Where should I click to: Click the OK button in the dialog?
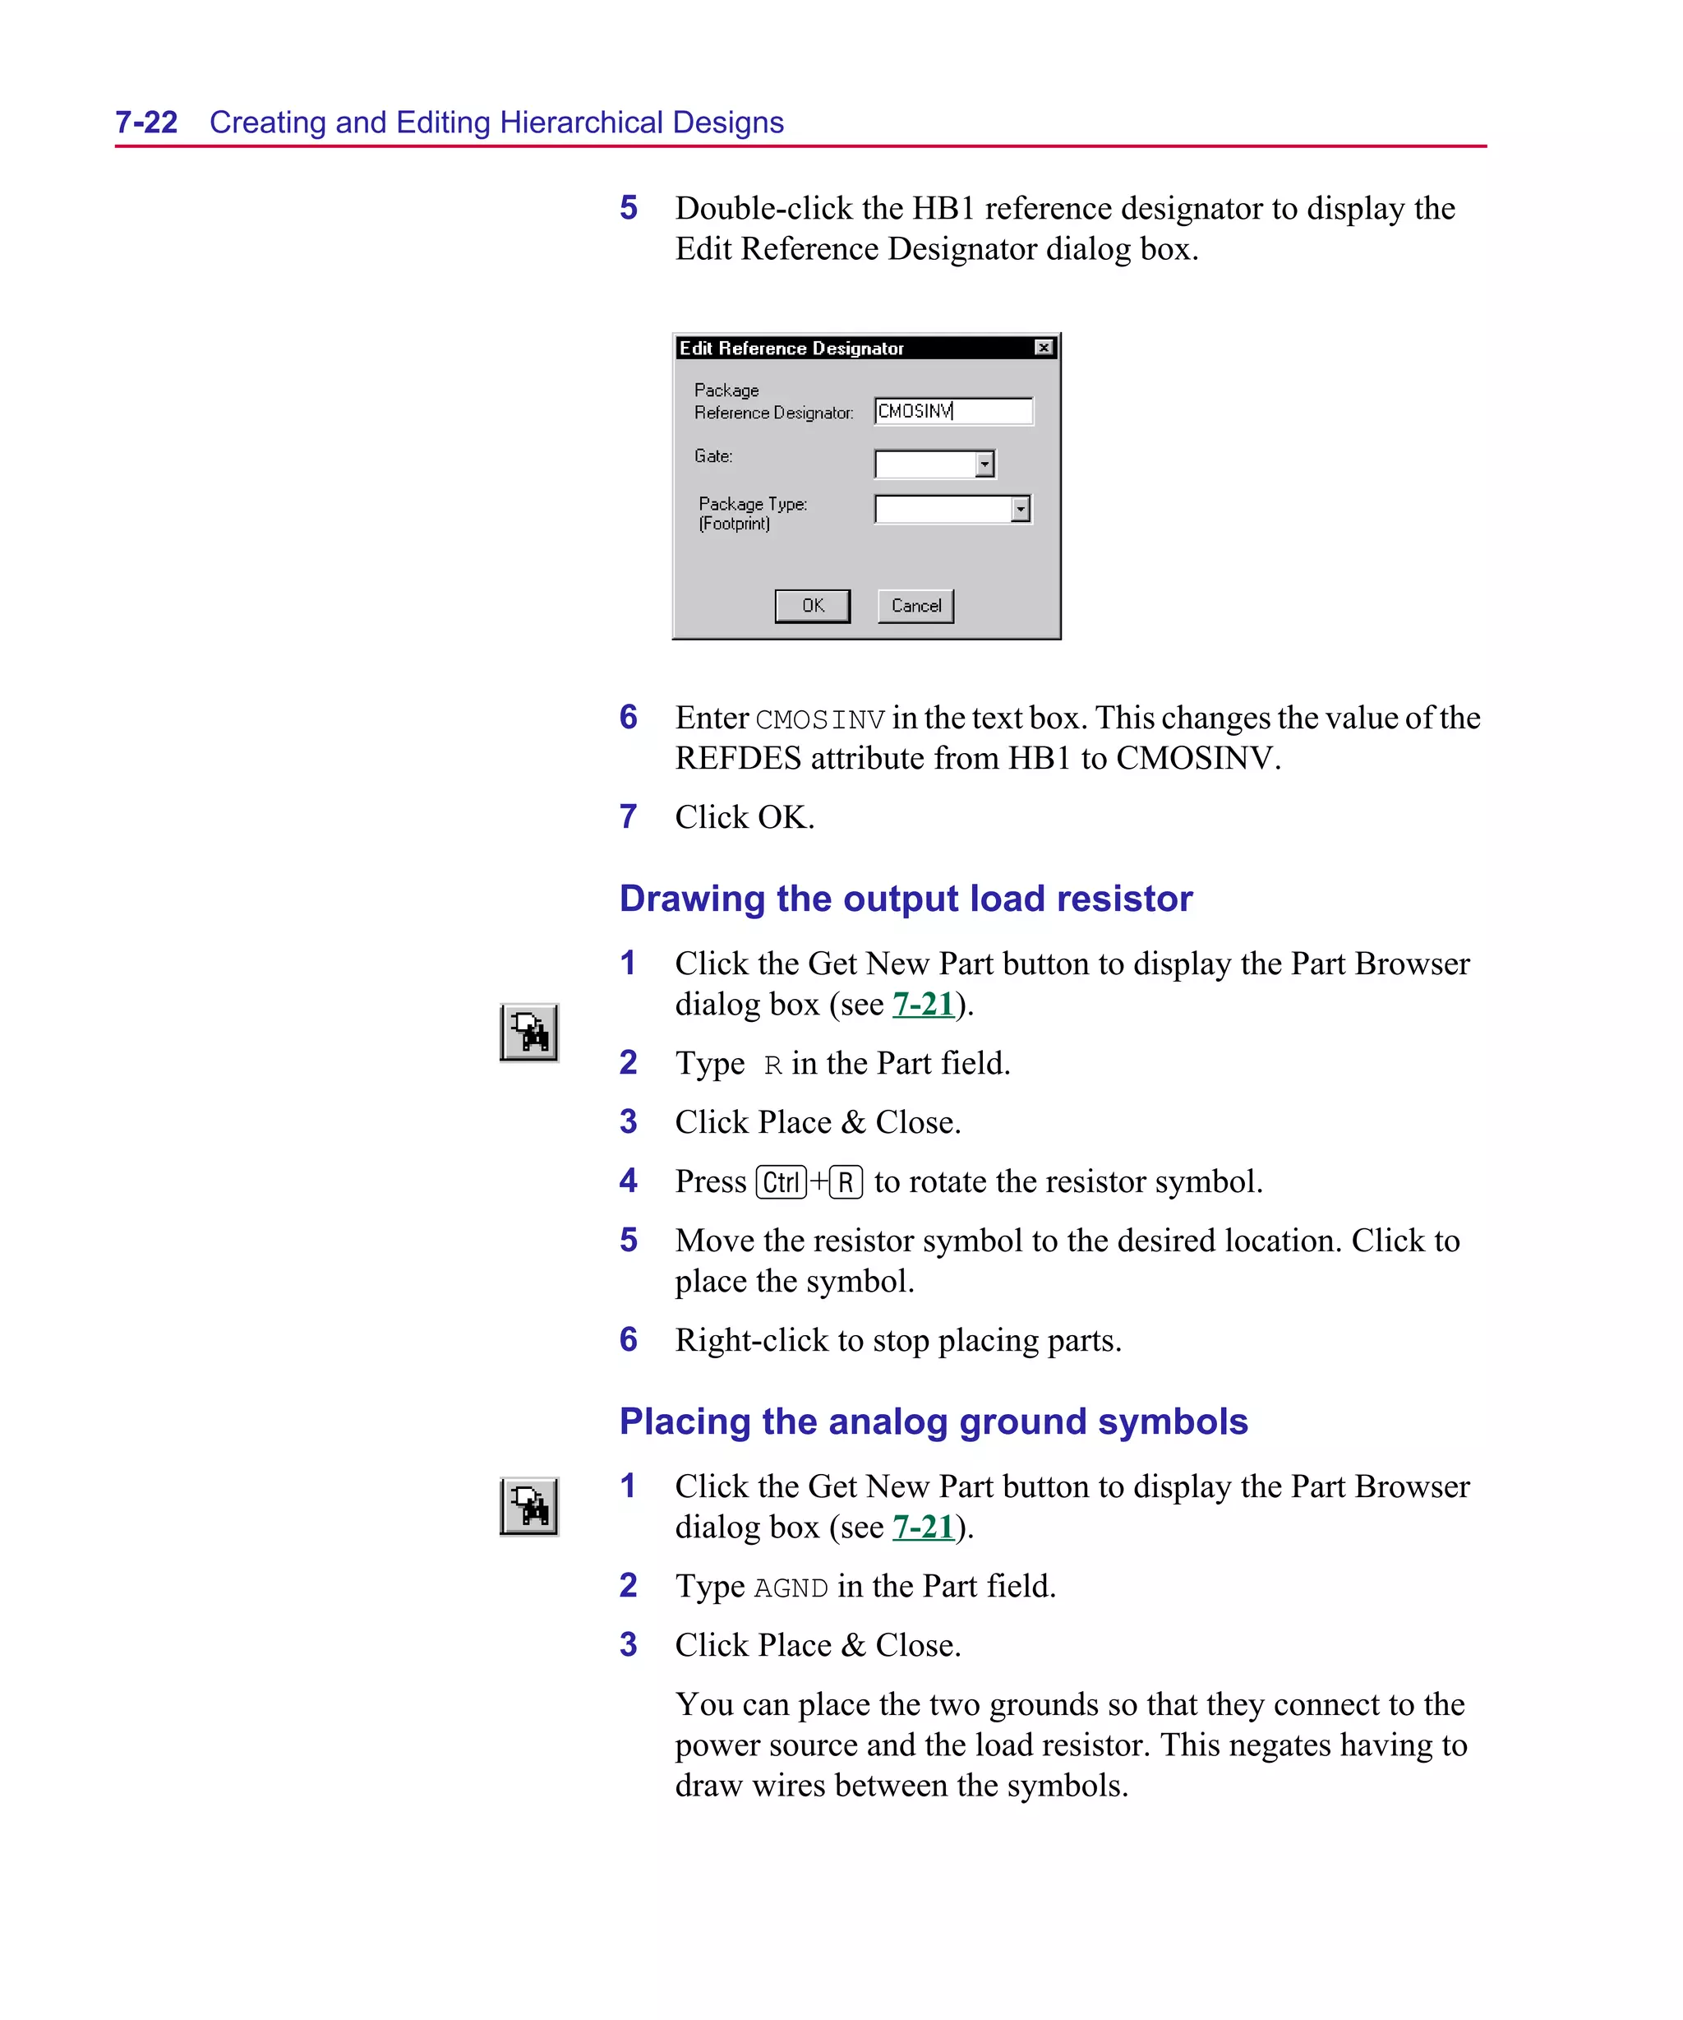tap(812, 606)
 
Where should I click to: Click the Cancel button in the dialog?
tap(915, 606)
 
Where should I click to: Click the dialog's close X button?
tap(1044, 347)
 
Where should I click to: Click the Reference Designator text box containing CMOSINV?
tap(952, 411)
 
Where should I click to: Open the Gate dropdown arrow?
tap(984, 465)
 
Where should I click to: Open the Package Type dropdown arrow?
tap(1021, 509)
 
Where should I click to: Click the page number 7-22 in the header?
tap(146, 122)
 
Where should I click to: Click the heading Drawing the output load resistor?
tap(905, 899)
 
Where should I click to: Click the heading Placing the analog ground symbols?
tap(933, 1421)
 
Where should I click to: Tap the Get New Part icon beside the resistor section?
tap(529, 1032)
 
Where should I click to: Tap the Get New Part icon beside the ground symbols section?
tap(529, 1506)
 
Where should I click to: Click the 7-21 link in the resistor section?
tap(922, 1004)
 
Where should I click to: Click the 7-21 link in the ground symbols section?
tap(922, 1528)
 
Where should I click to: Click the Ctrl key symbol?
tap(781, 1182)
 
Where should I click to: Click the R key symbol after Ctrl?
tap(846, 1182)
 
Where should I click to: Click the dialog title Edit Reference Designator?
tap(791, 349)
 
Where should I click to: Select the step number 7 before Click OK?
tap(628, 816)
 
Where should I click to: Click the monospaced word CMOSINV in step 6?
tap(819, 719)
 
